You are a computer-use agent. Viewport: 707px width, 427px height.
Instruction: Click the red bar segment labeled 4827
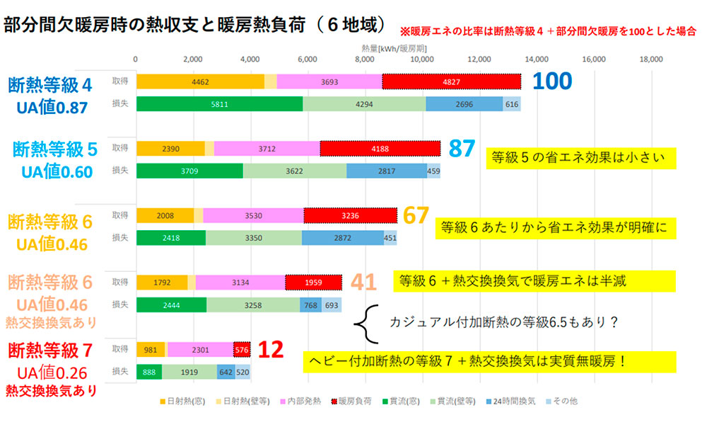click(x=451, y=81)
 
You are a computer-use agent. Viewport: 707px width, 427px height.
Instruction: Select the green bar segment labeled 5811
click(x=219, y=103)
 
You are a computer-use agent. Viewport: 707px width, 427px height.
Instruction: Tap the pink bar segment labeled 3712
click(x=267, y=148)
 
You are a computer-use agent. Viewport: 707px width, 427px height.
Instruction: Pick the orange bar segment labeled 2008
click(x=164, y=216)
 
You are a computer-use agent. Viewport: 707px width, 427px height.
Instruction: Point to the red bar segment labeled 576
click(x=242, y=349)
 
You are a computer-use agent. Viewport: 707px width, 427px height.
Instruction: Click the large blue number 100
click(x=551, y=81)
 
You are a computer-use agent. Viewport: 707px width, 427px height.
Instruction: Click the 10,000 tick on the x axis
click(x=422, y=59)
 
